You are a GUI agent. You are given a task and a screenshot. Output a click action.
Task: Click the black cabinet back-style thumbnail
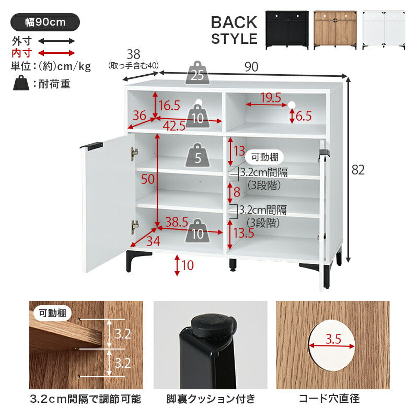[x=287, y=30]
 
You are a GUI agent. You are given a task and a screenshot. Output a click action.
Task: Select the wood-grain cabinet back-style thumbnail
[x=335, y=30]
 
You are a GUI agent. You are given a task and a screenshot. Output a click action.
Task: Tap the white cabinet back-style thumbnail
[x=384, y=30]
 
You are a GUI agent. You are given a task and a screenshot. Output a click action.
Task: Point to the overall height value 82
[x=357, y=170]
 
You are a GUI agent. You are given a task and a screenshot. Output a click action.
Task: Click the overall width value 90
[x=252, y=67]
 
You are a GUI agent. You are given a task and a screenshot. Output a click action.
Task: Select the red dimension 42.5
[x=175, y=126]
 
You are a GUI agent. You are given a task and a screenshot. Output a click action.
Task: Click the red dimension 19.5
[x=271, y=98]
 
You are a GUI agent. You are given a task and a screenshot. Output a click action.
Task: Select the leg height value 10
[x=188, y=265]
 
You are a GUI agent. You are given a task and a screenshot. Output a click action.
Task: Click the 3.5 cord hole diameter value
[x=332, y=339]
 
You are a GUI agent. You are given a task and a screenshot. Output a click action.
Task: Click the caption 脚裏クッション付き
[x=210, y=400]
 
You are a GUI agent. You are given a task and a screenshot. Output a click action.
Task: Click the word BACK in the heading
[x=234, y=22]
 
